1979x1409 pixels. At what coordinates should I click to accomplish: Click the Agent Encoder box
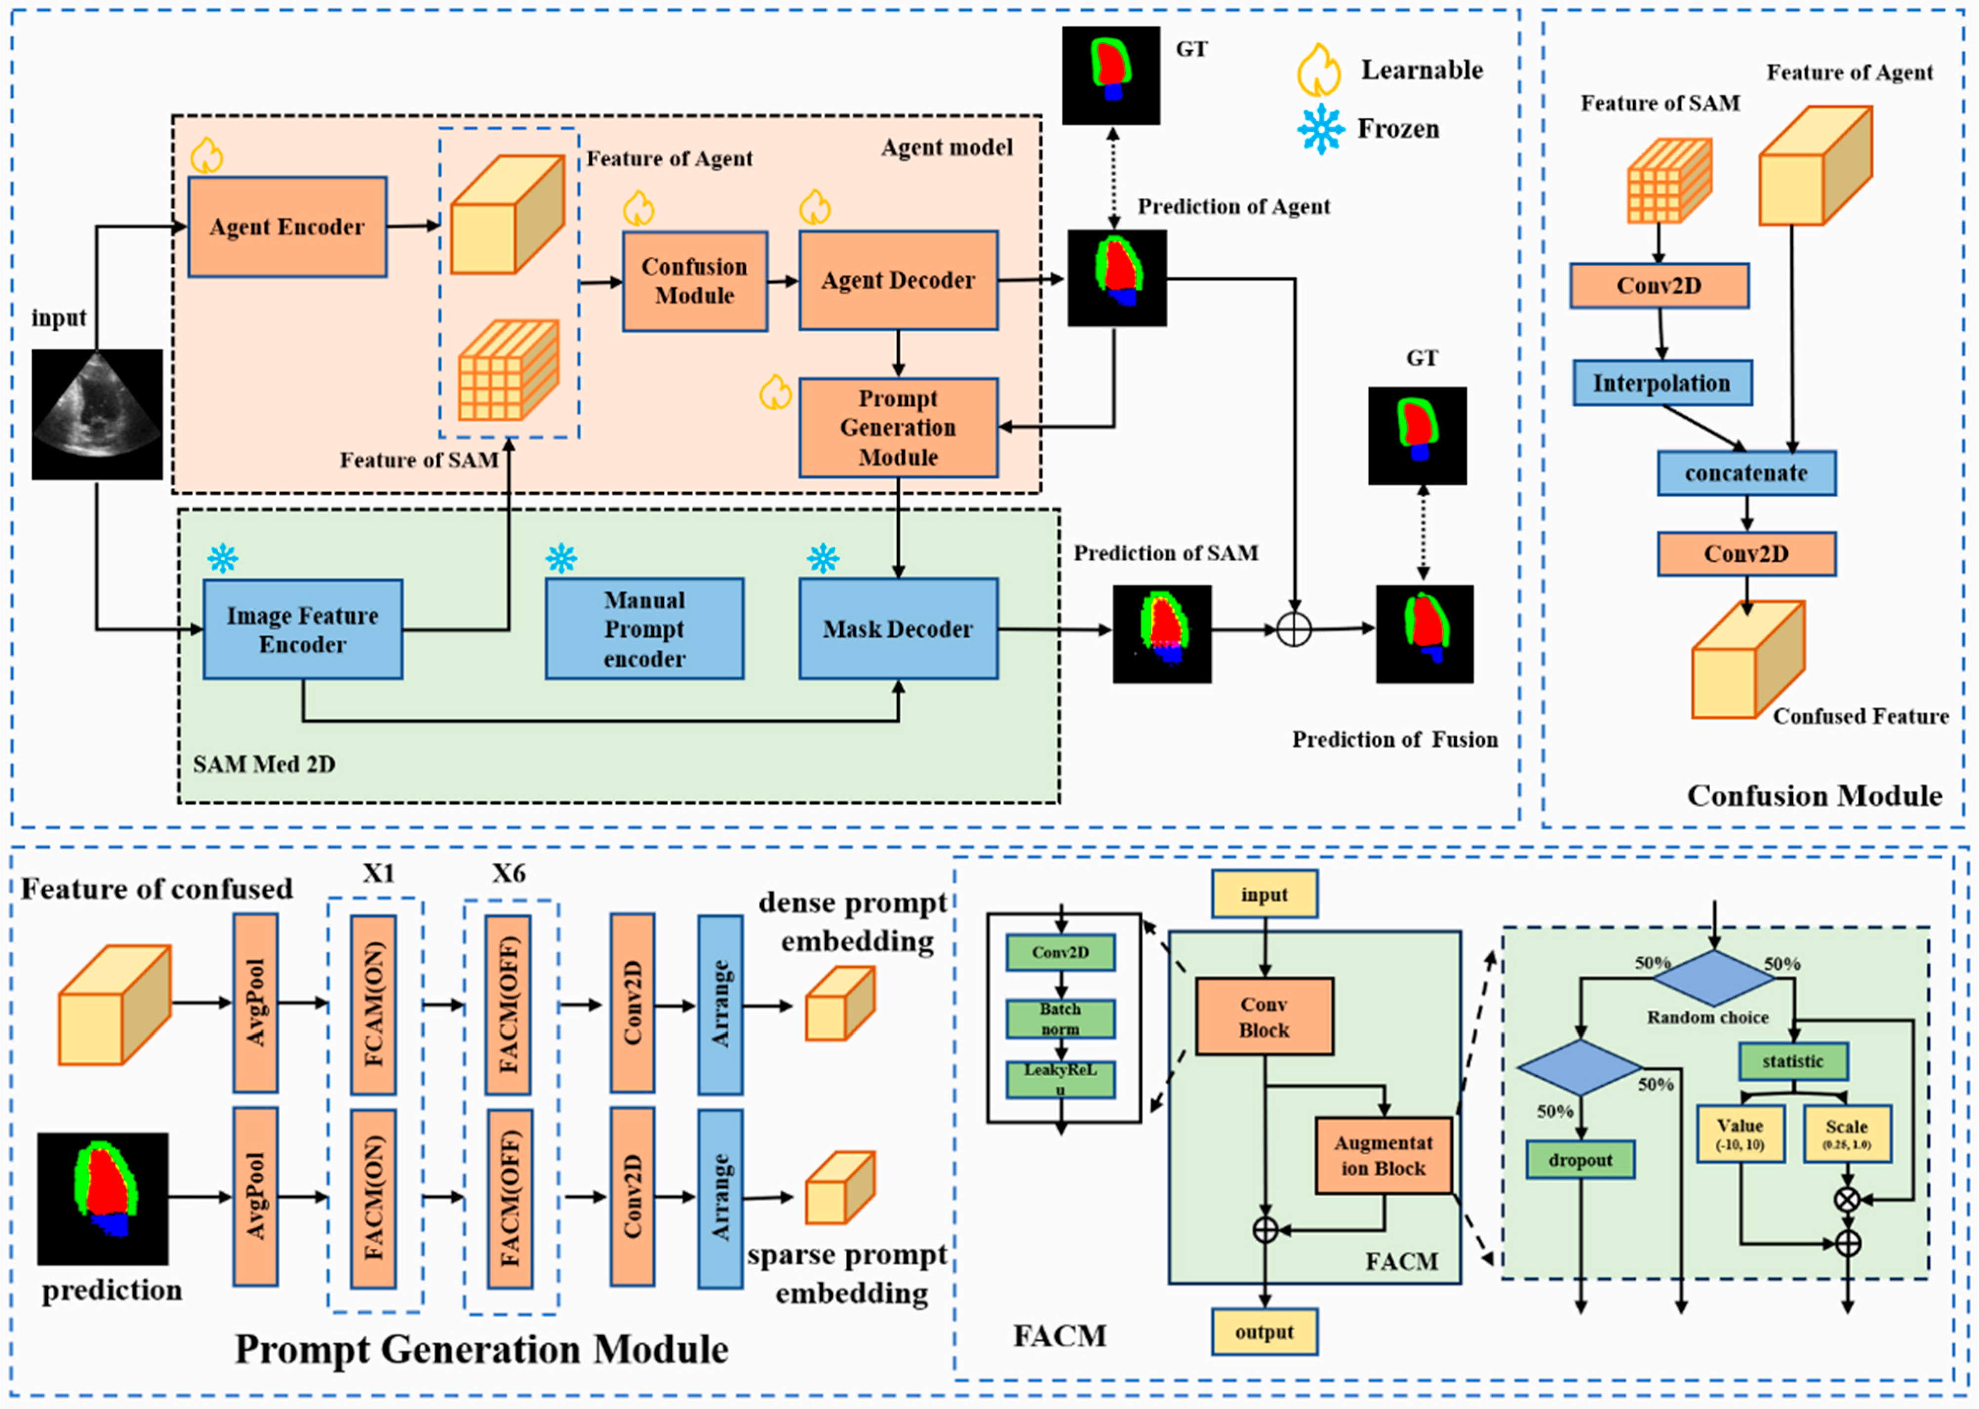click(287, 227)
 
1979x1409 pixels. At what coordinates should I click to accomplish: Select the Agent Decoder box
click(898, 280)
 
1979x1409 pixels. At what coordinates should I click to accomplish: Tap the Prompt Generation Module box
click(898, 428)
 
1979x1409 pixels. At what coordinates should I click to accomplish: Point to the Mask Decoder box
click(898, 629)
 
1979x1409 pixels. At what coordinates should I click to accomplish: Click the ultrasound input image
click(97, 415)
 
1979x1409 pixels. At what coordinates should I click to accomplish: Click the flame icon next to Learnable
click(1319, 70)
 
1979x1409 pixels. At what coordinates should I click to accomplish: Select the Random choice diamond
click(1713, 978)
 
